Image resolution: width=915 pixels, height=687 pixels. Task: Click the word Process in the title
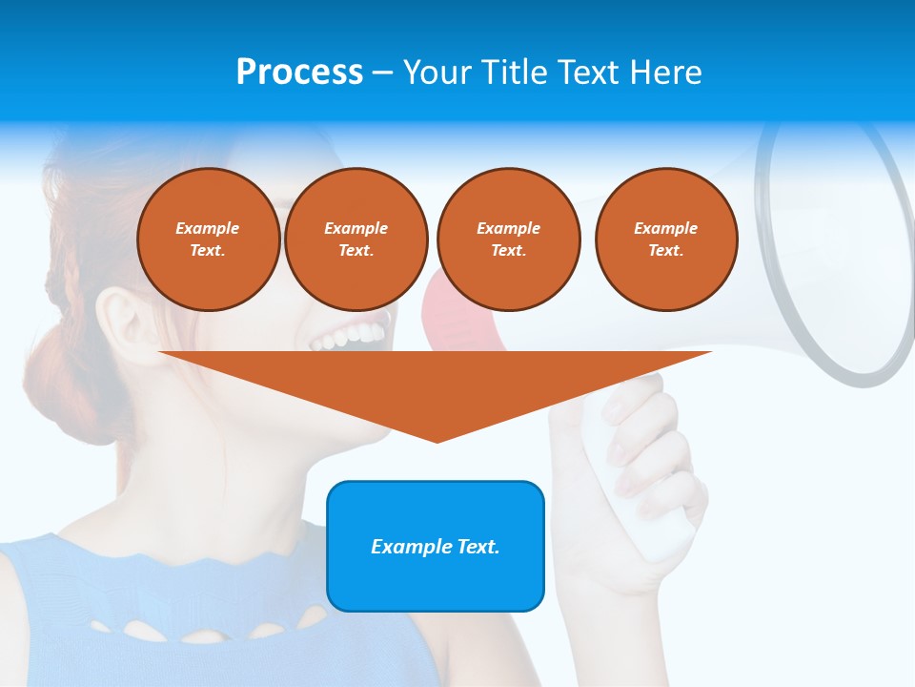coord(299,72)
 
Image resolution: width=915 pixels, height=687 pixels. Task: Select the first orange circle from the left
coord(208,239)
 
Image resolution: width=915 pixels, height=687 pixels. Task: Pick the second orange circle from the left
coord(356,239)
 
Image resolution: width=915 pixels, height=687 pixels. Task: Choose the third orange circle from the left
coord(508,239)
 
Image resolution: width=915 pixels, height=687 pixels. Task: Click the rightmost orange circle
coord(665,239)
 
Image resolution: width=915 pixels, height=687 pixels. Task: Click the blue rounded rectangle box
coord(436,546)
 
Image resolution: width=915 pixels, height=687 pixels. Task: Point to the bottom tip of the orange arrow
coord(437,440)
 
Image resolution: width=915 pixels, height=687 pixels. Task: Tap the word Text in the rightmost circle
coord(665,250)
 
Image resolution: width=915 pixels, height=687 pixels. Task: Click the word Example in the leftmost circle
coord(208,228)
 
